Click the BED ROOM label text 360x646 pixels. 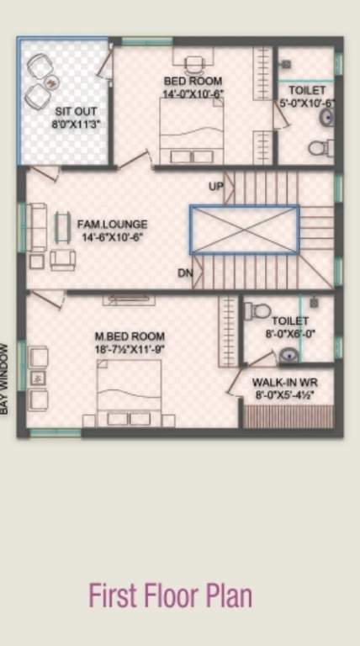coord(193,81)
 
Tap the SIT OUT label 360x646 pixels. coord(76,111)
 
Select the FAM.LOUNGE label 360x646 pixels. coord(112,225)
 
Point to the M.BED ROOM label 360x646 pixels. coord(130,336)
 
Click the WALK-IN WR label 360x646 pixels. coord(284,382)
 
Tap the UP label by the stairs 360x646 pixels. coord(216,186)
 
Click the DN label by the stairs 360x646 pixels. coord(185,273)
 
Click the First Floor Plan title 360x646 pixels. coord(170,596)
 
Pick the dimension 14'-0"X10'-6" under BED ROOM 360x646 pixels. coord(193,93)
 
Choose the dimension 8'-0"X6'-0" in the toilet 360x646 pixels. coord(289,333)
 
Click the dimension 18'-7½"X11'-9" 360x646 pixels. coord(130,349)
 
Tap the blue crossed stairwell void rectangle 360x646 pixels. coord(244,229)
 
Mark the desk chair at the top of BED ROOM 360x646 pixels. coord(194,63)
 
